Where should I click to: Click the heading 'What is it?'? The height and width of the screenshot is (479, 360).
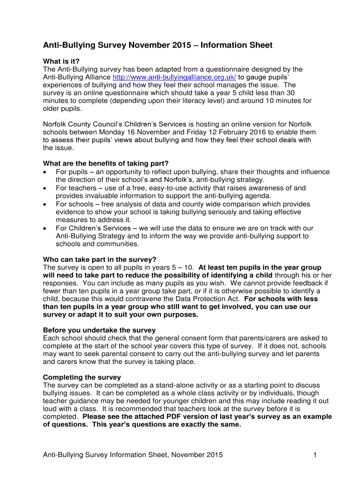pos(61,61)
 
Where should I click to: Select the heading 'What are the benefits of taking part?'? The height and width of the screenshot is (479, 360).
pos(106,163)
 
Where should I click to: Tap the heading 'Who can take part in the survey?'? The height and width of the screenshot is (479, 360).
pos(100,260)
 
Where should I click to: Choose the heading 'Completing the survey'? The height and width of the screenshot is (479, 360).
pos(82,377)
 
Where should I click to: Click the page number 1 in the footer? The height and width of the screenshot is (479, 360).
pos(316,455)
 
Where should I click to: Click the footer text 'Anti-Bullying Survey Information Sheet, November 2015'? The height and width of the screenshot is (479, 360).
pos(133,455)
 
